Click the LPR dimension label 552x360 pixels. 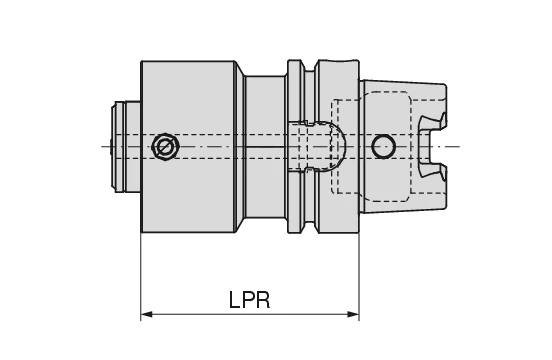248,300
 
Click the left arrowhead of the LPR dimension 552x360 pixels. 146,315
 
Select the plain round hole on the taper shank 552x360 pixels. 383,147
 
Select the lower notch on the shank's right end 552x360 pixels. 432,171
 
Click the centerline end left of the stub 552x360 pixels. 102,147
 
